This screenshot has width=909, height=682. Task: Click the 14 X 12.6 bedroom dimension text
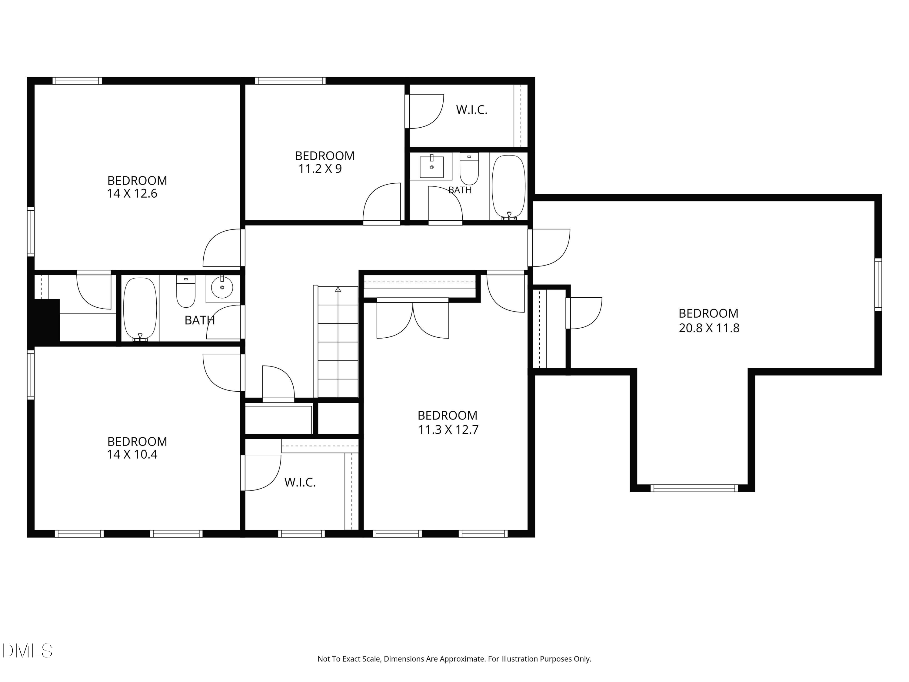(x=132, y=194)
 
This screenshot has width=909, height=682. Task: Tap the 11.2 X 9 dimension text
(x=320, y=169)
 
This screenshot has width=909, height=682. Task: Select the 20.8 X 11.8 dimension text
(x=709, y=328)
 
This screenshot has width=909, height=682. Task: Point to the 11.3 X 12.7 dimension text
(x=448, y=430)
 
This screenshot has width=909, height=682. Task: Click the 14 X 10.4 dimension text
(x=132, y=455)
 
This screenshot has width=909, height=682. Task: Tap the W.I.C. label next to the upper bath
(x=472, y=110)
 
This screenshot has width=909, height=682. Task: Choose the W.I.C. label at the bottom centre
(x=300, y=483)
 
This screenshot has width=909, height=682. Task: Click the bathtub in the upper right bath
(x=509, y=187)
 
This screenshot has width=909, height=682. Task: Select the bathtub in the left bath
(x=140, y=309)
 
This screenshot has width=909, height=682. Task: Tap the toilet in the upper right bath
(x=469, y=169)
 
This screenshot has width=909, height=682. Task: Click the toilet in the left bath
(x=186, y=292)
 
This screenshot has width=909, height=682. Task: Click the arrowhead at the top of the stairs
(x=338, y=289)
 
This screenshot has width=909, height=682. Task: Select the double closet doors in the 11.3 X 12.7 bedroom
(x=413, y=319)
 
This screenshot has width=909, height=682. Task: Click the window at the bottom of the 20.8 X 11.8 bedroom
(x=694, y=488)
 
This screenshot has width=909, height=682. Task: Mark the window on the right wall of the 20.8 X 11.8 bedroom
(x=878, y=285)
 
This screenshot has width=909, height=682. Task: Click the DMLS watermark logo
(x=27, y=651)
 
